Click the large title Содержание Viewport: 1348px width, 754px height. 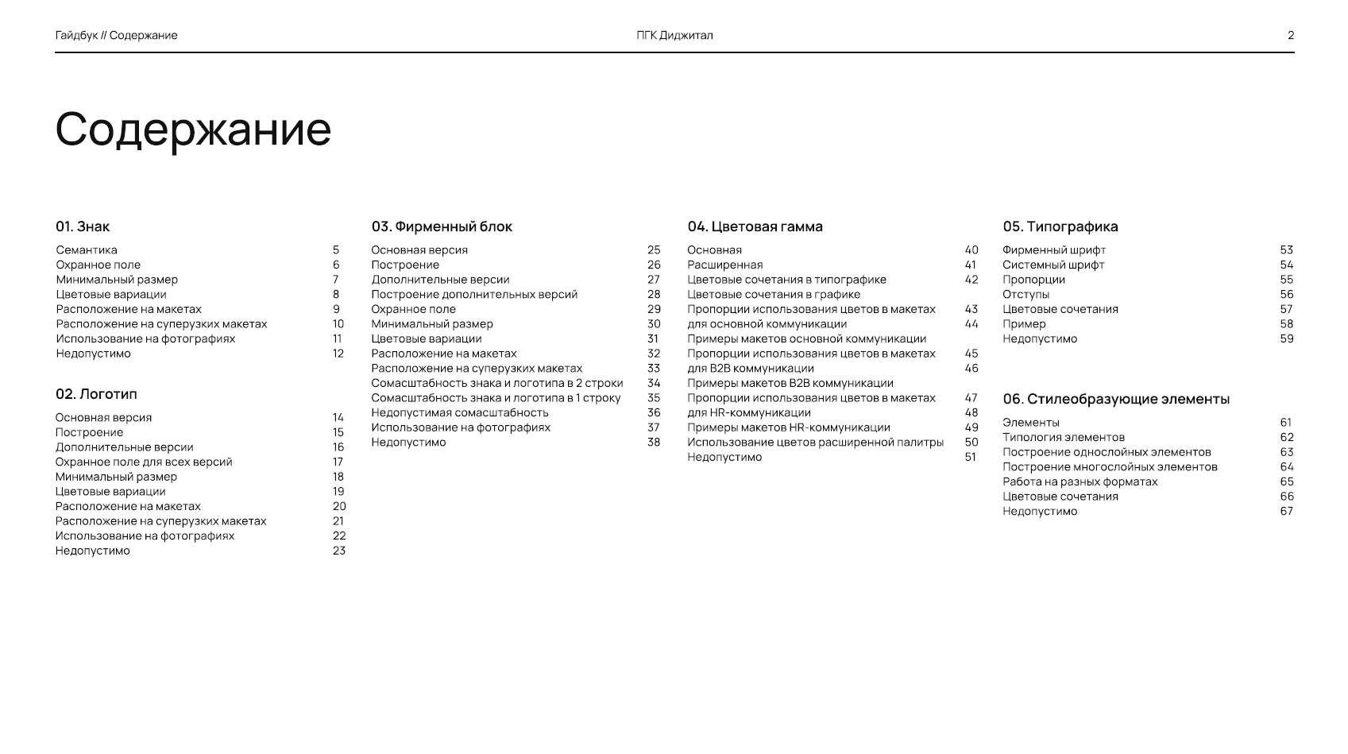(193, 129)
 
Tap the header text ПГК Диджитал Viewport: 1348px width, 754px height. (674, 35)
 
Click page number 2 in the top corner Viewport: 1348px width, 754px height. (1291, 35)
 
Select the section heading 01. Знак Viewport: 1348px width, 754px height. (83, 226)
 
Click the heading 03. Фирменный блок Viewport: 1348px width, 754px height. (442, 226)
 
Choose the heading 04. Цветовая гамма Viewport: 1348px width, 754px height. (755, 226)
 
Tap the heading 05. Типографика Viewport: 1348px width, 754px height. (1060, 226)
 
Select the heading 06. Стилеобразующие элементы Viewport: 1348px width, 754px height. (1115, 399)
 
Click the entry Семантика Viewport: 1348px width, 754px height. (87, 249)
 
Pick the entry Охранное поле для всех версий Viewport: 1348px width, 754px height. (144, 462)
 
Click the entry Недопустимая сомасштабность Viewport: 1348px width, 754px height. (460, 412)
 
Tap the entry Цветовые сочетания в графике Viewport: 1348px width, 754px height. (774, 294)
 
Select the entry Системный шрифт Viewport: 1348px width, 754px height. (1053, 265)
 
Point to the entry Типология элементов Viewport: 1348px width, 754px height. (1064, 437)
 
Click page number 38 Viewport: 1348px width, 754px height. (654, 442)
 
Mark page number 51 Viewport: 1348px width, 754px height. (971, 457)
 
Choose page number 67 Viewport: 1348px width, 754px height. (1287, 511)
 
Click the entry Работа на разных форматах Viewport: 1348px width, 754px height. (1080, 481)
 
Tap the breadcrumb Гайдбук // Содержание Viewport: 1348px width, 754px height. (117, 35)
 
